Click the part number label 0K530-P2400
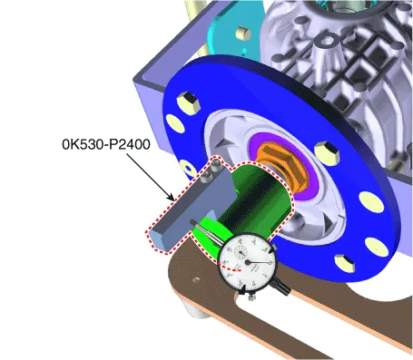106,144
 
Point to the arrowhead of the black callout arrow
172,199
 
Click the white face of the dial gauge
248,262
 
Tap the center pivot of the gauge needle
248,262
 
